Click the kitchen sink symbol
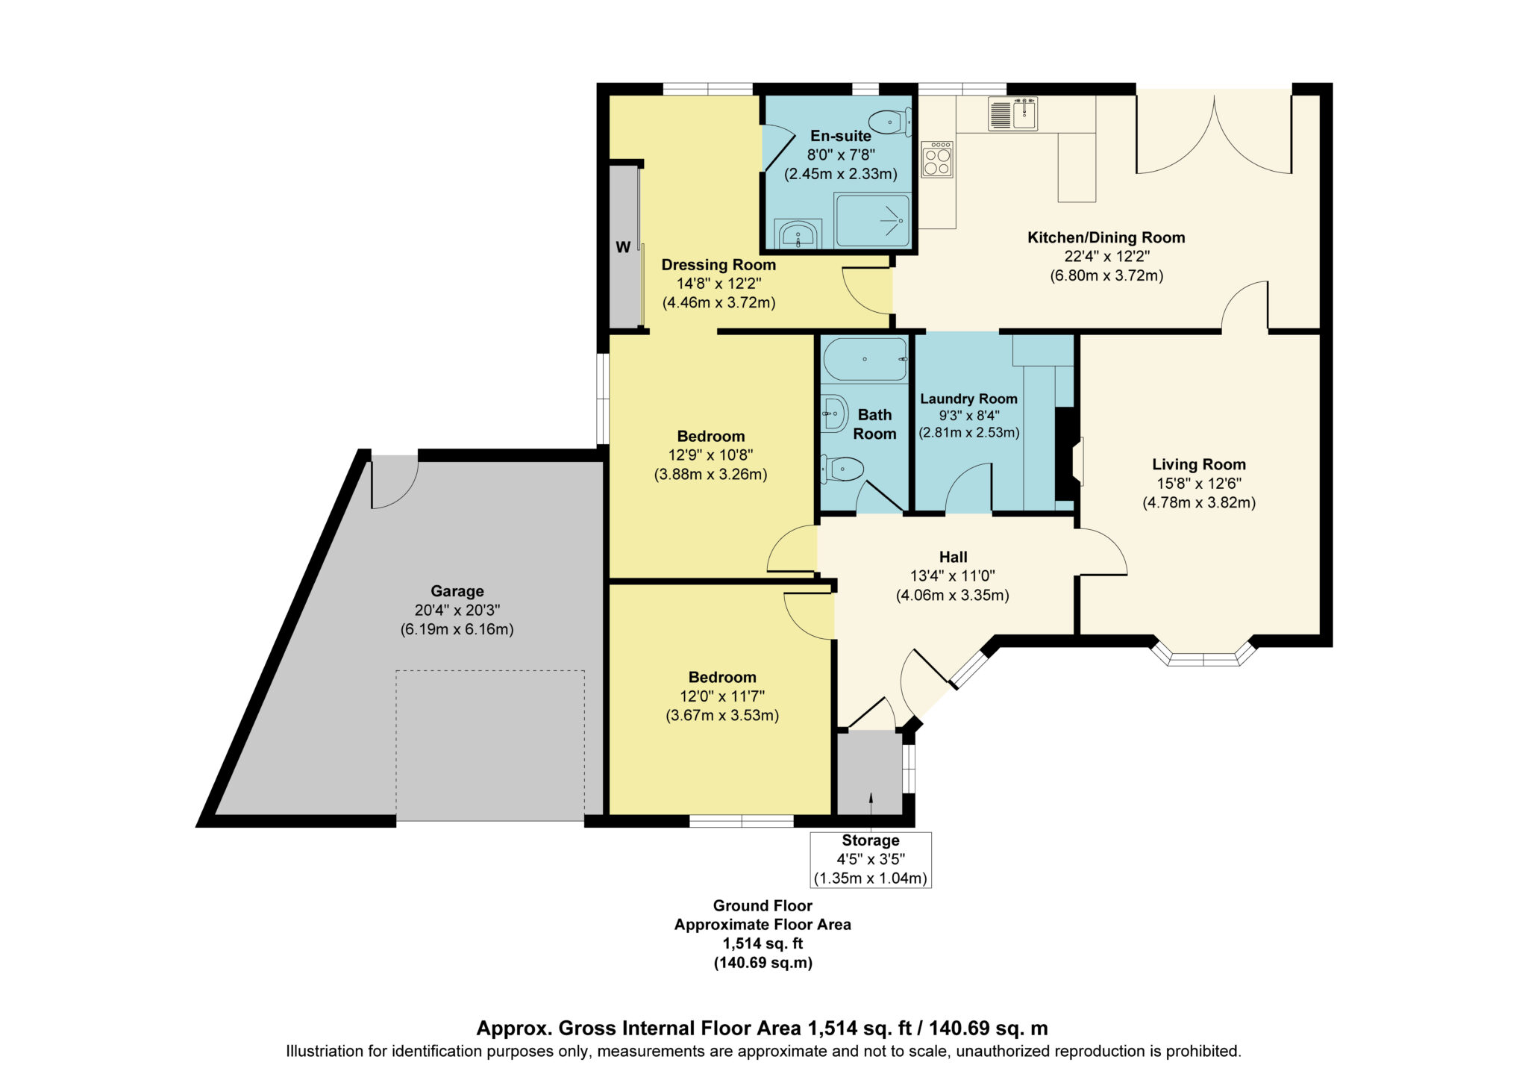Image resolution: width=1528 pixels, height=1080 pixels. pos(1012,113)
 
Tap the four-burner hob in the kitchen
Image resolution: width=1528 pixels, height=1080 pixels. pos(937,159)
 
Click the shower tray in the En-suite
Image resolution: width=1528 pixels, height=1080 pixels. pos(873,220)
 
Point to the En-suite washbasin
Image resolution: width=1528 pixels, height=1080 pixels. pos(798,234)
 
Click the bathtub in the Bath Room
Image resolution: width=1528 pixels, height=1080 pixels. pos(865,360)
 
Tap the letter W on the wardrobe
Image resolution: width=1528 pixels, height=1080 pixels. pos(623,247)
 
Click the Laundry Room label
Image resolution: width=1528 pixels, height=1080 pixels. pos(968,399)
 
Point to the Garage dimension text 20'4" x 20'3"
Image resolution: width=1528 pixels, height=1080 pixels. pos(457,610)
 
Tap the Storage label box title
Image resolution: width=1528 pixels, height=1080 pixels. pos(871,840)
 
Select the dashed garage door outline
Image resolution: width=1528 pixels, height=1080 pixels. pos(490,746)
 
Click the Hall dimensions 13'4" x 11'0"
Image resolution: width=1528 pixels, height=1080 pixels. pos(953,576)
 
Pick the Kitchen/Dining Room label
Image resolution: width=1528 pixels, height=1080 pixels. pos(1106,237)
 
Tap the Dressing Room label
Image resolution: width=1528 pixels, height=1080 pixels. pos(718,265)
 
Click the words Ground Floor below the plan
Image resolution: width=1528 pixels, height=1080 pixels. pos(763,905)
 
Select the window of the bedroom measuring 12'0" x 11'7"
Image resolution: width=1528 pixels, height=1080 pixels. pos(742,821)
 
